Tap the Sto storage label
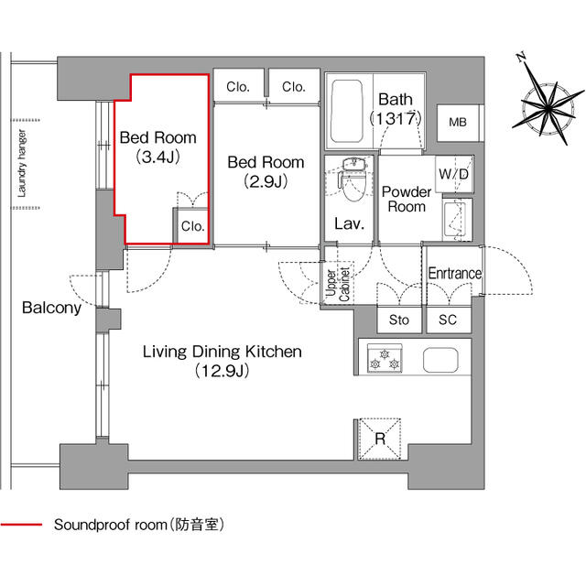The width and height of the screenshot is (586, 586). tap(399, 320)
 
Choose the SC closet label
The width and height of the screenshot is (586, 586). tap(448, 320)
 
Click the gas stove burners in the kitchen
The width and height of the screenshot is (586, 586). tap(383, 358)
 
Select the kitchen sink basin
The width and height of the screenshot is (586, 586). tap(439, 359)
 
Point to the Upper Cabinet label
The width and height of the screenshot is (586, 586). tap(337, 283)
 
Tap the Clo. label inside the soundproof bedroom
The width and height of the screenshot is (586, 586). tap(191, 226)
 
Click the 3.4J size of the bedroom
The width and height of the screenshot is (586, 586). tap(157, 157)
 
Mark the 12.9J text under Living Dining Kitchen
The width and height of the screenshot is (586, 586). tap(221, 371)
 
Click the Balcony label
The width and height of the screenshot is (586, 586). tap(51, 309)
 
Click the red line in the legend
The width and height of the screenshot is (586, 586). tap(21, 526)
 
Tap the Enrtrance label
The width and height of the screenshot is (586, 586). tap(454, 274)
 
